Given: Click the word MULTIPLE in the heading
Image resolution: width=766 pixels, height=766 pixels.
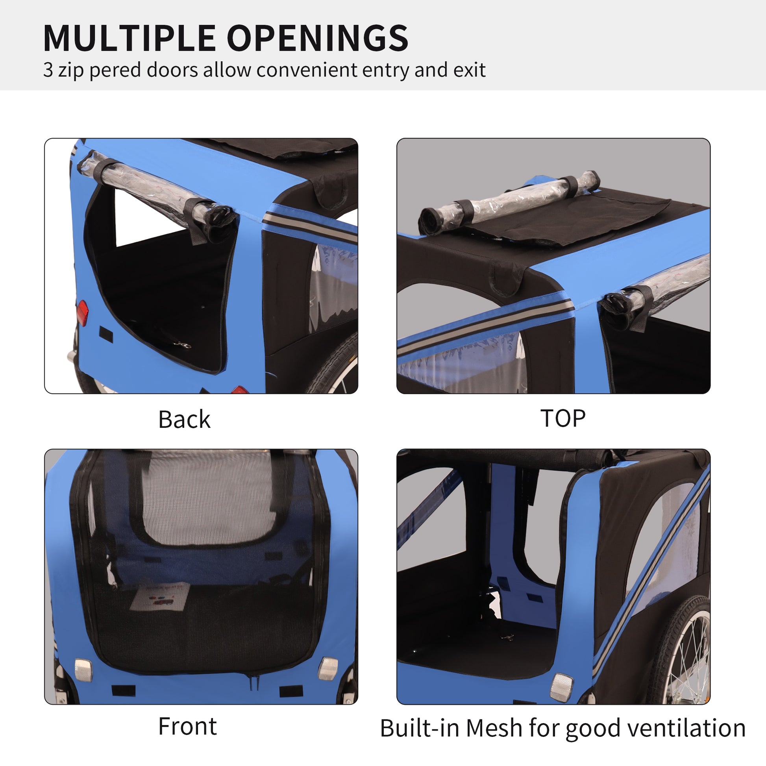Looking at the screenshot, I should click(129, 38).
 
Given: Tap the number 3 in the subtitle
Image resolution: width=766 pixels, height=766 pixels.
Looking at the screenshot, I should click(48, 70).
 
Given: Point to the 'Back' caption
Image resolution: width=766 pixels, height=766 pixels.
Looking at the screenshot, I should click(184, 420).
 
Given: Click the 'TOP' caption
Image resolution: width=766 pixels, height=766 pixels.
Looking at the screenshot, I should click(562, 418).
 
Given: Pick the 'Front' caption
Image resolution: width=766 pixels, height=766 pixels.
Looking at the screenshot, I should click(187, 726).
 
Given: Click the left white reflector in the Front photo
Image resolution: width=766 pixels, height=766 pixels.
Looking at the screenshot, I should click(83, 670).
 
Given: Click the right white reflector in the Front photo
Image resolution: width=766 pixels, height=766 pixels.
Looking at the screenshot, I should click(328, 668).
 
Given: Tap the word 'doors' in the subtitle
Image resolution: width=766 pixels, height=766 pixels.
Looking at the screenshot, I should click(172, 70).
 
